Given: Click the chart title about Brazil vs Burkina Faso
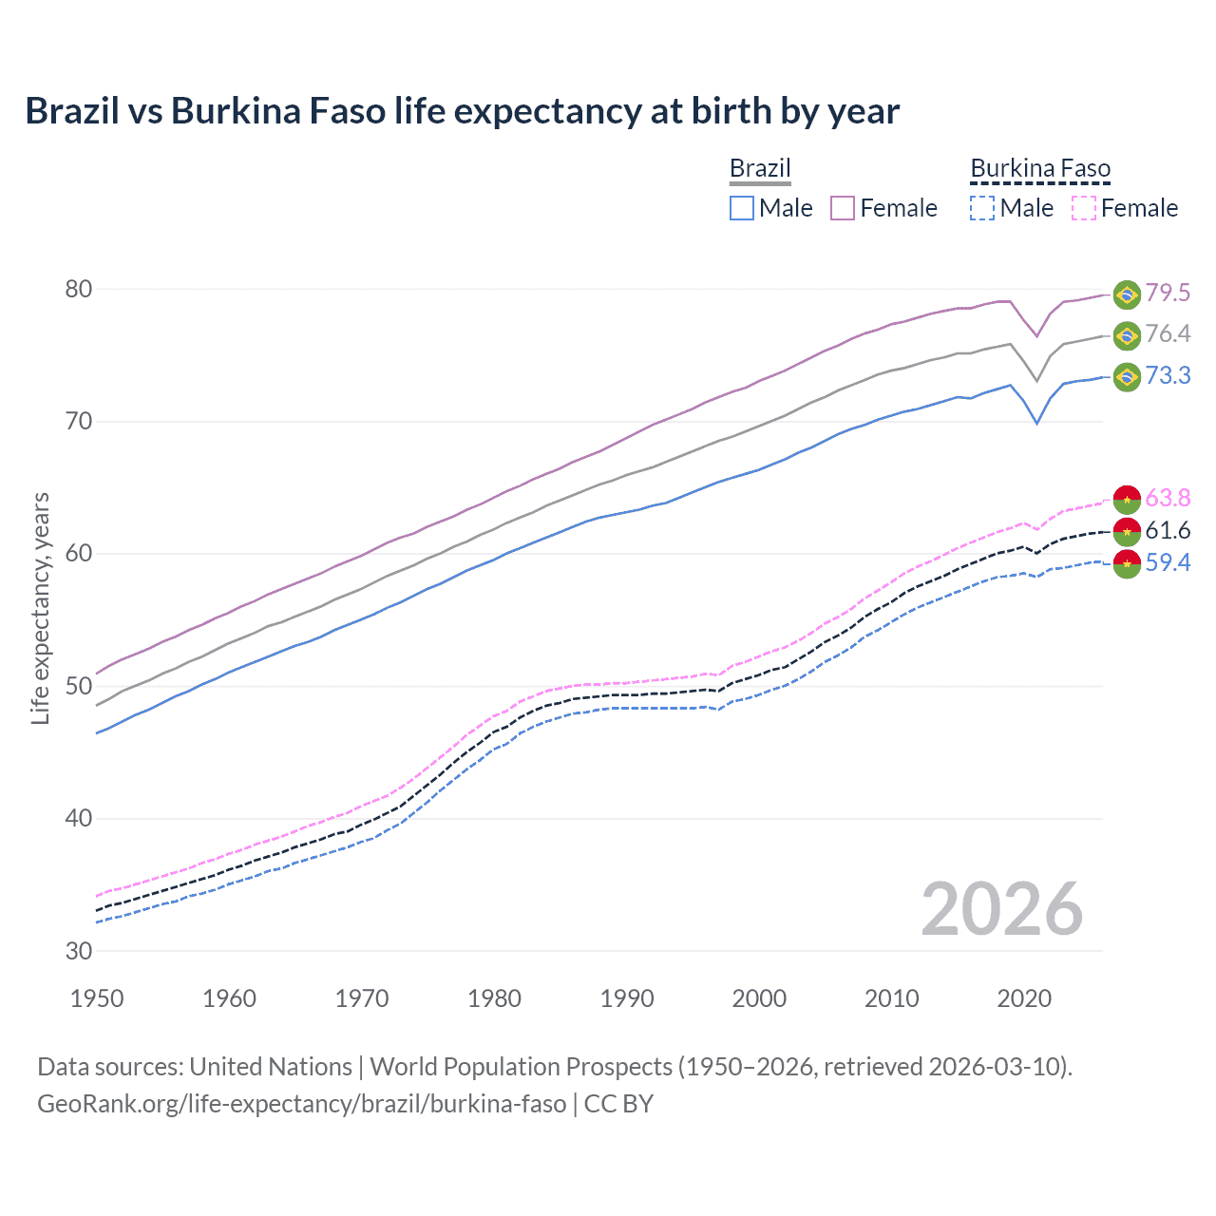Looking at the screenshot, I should [x=462, y=111].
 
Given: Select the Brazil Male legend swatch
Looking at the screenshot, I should [x=742, y=208].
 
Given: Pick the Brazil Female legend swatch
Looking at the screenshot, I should [x=843, y=208].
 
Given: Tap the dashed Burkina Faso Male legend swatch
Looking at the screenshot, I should [x=982, y=208].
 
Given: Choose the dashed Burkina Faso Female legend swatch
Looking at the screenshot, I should [x=1084, y=208].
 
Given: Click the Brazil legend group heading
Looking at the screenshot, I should [x=760, y=168].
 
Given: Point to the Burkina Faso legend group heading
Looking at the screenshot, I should [x=1040, y=168].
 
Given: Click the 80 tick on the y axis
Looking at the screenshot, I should [x=79, y=289].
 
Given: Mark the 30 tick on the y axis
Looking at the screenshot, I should [x=79, y=951].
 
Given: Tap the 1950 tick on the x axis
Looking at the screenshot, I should [x=98, y=998].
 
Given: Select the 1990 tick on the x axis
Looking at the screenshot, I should [x=627, y=998].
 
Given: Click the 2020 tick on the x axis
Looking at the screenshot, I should [x=1024, y=998].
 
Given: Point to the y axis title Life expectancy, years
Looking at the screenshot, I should [x=40, y=609].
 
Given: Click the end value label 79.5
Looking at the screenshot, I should [x=1168, y=293].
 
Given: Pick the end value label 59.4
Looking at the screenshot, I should [x=1168, y=563].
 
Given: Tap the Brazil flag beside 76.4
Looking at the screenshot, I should [x=1127, y=335].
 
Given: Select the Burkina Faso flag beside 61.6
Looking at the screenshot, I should [x=1127, y=531].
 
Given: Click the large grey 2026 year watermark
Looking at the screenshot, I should [x=1002, y=909].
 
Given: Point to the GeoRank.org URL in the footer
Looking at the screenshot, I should [x=301, y=1104].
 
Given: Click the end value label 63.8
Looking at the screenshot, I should [x=1168, y=498].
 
